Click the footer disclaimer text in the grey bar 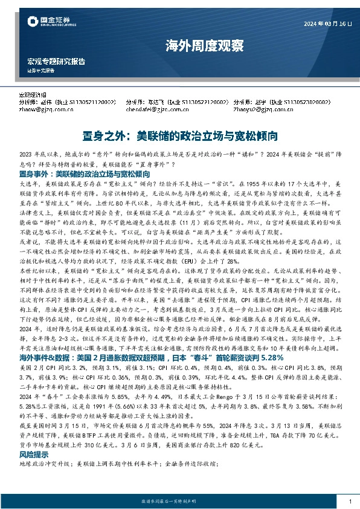coord(179,502)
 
